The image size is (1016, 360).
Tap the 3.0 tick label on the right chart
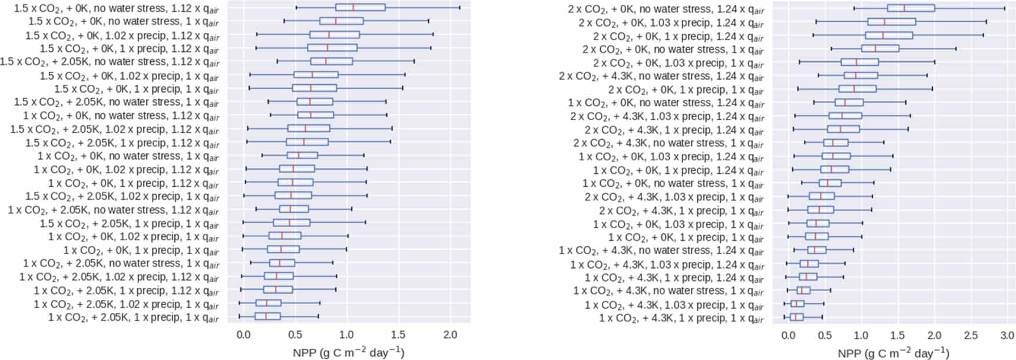[1007, 335]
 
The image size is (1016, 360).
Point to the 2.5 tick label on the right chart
[970, 335]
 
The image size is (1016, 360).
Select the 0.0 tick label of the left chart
[243, 335]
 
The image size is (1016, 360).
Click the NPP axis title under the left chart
[348, 352]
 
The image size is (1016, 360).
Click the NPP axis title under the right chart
[893, 352]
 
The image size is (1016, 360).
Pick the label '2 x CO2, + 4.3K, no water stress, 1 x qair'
[668, 143]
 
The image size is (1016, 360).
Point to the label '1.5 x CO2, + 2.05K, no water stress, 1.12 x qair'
[110, 62]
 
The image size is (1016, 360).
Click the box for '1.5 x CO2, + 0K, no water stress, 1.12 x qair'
[360, 8]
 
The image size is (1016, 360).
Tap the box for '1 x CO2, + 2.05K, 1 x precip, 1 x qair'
[267, 316]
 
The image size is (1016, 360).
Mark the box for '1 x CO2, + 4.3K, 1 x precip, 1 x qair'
[796, 317]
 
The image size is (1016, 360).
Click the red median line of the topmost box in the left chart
[353, 8]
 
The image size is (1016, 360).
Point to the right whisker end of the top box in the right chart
[1005, 8]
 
